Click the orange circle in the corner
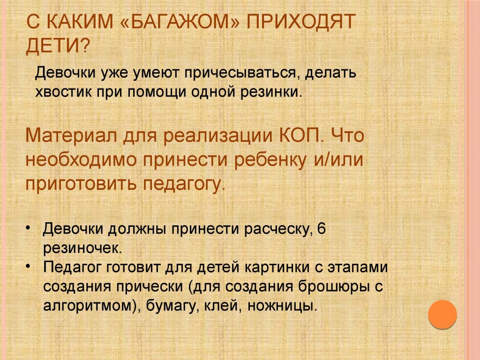pyautogui.click(x=442, y=315)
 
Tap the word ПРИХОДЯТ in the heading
pyautogui.click(x=301, y=22)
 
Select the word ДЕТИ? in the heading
pyautogui.click(x=59, y=46)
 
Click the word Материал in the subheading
pyautogui.click(x=71, y=135)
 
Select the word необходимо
pyautogui.click(x=81, y=159)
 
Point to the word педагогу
pyautogui.click(x=184, y=184)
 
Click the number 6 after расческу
pyautogui.click(x=322, y=228)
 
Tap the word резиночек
pyautogui.click(x=82, y=248)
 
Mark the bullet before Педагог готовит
pyautogui.click(x=29, y=266)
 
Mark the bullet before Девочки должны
pyautogui.click(x=29, y=228)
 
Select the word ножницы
pyautogui.click(x=282, y=306)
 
